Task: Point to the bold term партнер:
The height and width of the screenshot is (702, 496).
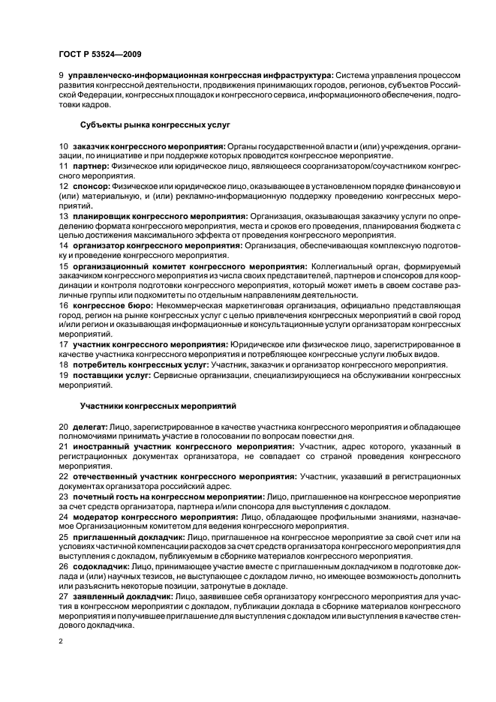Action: (91, 163)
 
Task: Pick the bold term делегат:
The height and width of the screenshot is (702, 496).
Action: (89, 426)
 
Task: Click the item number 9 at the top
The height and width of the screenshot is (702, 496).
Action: (61, 75)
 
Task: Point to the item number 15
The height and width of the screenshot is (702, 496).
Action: (63, 265)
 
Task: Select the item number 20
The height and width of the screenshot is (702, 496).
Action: (63, 426)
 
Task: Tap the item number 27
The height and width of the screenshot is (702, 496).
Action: (63, 596)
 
